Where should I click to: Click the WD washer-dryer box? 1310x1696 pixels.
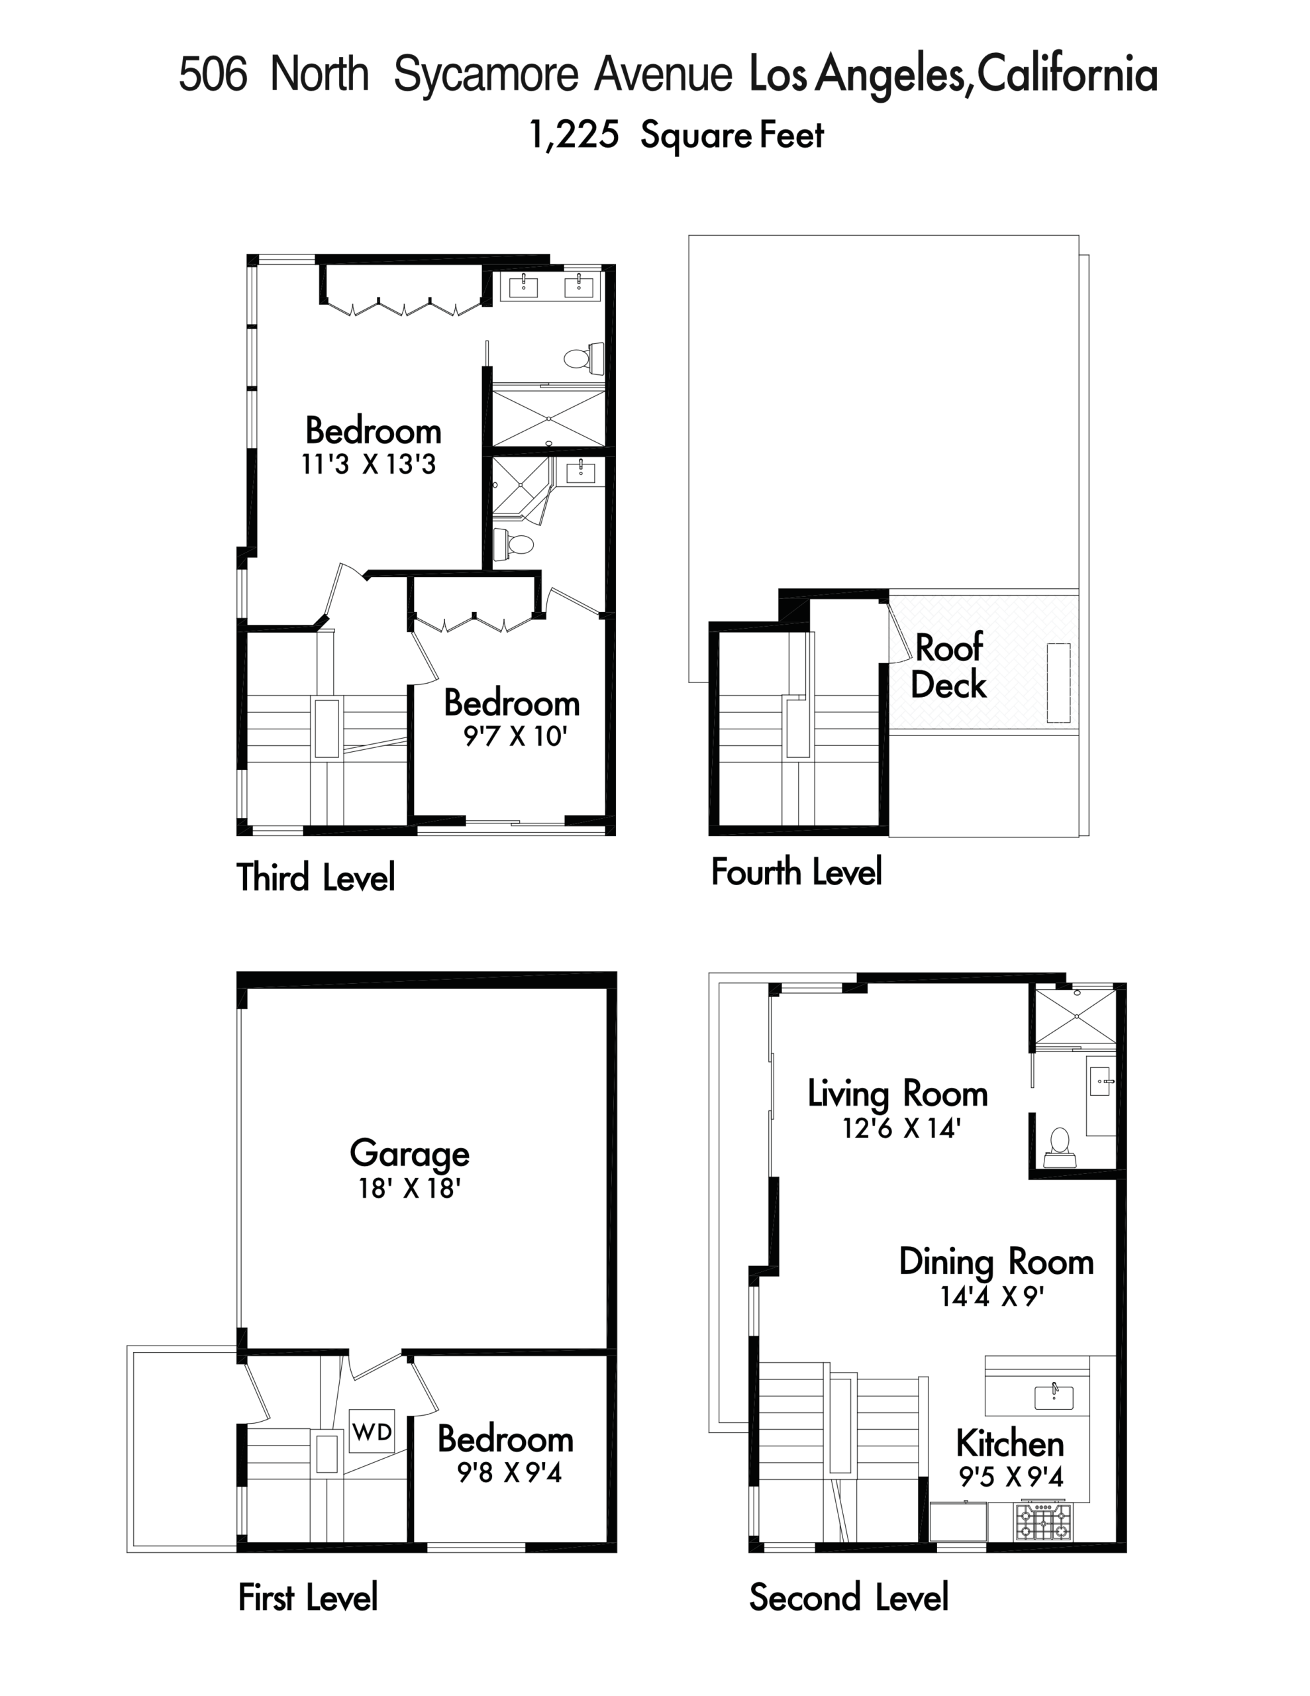pyautogui.click(x=372, y=1430)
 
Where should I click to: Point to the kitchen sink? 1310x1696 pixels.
pyautogui.click(x=1054, y=1398)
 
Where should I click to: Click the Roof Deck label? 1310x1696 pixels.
pyautogui.click(x=948, y=666)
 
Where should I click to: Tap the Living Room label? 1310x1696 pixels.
pyautogui.click(x=897, y=1093)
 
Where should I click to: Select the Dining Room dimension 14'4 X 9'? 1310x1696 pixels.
pyautogui.click(x=991, y=1297)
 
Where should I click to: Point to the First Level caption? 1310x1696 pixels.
pyautogui.click(x=307, y=1598)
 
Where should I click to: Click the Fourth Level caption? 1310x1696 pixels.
pyautogui.click(x=797, y=871)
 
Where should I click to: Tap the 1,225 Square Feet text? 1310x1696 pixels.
pyautogui.click(x=676, y=135)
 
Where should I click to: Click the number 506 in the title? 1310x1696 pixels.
pyautogui.click(x=213, y=75)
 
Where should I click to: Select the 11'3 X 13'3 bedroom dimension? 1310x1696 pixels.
pyautogui.click(x=368, y=464)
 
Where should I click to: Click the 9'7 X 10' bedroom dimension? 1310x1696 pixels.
pyautogui.click(x=515, y=736)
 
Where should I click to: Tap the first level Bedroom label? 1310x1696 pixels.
pyautogui.click(x=505, y=1439)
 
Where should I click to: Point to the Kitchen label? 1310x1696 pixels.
pyautogui.click(x=1010, y=1444)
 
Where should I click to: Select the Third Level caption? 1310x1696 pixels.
pyautogui.click(x=315, y=876)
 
